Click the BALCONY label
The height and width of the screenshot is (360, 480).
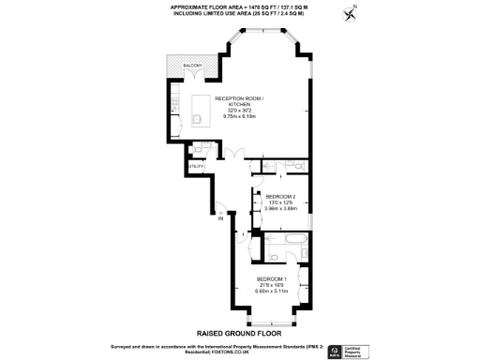192,65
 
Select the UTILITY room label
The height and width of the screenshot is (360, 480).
196,166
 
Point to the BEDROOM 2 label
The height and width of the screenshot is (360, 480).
280,197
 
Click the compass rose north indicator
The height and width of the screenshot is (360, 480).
352,13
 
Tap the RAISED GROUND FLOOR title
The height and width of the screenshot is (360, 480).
239,333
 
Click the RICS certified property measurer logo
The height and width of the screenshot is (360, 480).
361,348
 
